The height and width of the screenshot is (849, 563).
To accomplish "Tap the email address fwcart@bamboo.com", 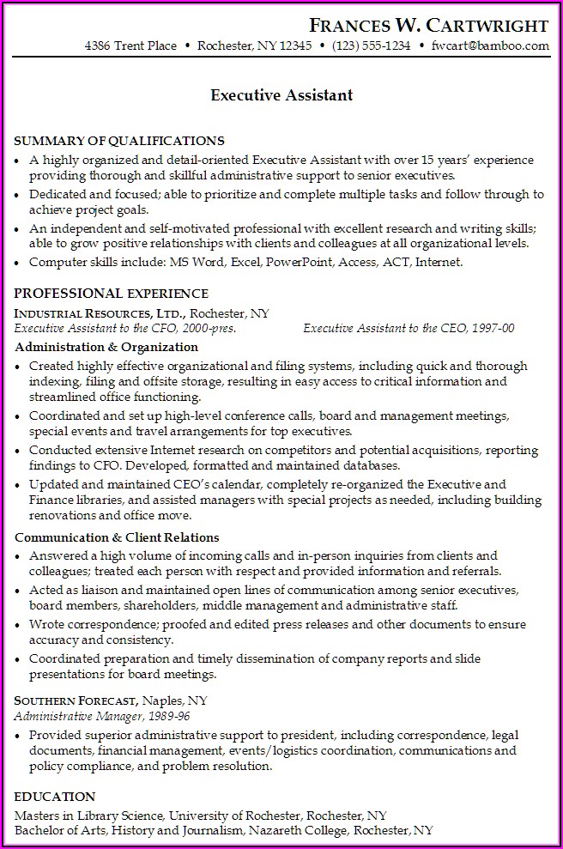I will click(490, 46).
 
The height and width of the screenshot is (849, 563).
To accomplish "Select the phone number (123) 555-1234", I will click(372, 46).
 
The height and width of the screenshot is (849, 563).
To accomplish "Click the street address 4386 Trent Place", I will click(130, 46).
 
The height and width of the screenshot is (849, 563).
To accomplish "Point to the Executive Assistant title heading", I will click(281, 95).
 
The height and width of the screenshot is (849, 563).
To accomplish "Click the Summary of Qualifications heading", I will click(119, 141).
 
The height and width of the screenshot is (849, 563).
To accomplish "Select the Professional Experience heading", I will click(112, 294).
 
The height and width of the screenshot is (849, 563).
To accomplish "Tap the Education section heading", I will click(55, 797).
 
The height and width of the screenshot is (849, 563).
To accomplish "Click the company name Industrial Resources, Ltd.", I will click(101, 313).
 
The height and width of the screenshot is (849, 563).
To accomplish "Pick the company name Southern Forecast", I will click(76, 700).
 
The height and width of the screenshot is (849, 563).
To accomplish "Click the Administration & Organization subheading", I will click(106, 347).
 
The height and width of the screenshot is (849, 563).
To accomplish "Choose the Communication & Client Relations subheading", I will click(117, 537).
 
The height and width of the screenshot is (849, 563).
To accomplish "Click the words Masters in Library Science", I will click(89, 815).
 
